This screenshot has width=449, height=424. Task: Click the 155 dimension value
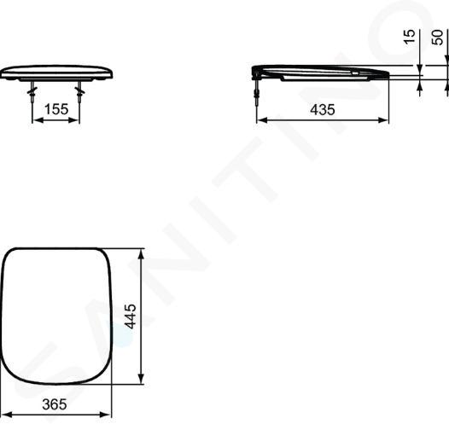[56, 109]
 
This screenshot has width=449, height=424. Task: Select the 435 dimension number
[322, 109]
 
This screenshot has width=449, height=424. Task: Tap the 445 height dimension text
[131, 317]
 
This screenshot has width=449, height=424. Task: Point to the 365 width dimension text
[55, 404]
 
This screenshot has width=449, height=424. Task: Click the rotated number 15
[410, 37]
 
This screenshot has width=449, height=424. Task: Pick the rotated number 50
[437, 38]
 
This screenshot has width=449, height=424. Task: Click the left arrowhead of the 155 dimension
[37, 120]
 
